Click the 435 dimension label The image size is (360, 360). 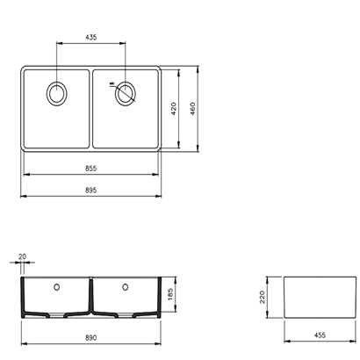pos(91,38)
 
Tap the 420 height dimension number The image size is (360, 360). pos(174,109)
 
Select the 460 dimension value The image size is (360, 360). pos(192,109)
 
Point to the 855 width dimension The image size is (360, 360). pos(91,169)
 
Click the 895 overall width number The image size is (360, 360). pos(91,191)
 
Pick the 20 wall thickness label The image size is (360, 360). pos(22,256)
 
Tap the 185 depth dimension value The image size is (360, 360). pos(170,294)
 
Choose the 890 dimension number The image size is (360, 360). pos(91,338)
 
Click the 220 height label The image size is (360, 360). pos(262,297)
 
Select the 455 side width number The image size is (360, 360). pos(320,335)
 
